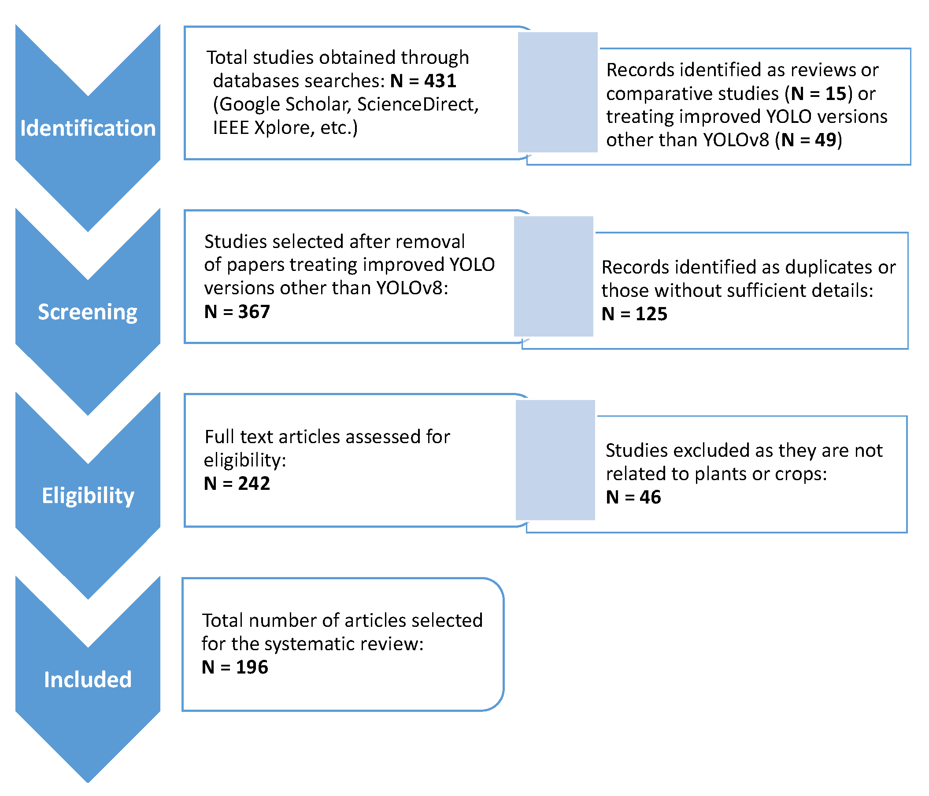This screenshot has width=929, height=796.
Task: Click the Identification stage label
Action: [x=88, y=128]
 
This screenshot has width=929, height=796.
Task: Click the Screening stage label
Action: [x=88, y=312]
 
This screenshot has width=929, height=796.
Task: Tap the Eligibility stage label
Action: [x=88, y=496]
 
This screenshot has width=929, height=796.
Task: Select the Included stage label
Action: [x=88, y=679]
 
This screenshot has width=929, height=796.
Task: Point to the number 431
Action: [x=440, y=81]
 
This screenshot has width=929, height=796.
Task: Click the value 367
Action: [x=254, y=312]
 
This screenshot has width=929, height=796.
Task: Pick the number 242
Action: [x=254, y=483]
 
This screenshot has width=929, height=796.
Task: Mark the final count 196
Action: [x=252, y=667]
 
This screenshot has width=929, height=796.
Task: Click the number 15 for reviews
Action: [x=836, y=94]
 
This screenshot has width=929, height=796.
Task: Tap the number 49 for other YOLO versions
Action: [x=825, y=141]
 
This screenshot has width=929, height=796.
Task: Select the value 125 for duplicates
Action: [x=651, y=314]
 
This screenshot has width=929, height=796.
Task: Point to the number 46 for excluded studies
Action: [x=650, y=497]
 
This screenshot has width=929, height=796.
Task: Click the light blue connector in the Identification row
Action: [x=557, y=93]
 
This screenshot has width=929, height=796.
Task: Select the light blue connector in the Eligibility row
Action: [x=555, y=460]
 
